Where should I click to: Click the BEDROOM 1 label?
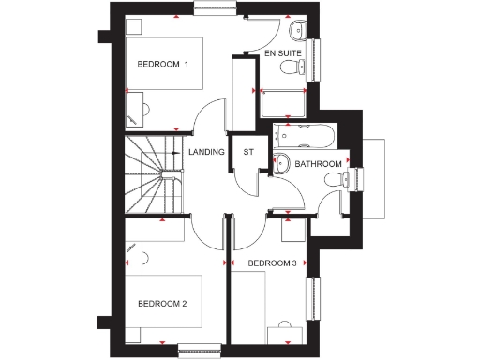tap(163, 64)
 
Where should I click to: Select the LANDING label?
tap(206, 151)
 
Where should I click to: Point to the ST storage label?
tap(248, 151)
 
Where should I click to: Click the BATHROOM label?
tap(318, 164)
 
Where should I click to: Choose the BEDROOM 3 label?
tap(272, 263)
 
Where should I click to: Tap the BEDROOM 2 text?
tap(162, 304)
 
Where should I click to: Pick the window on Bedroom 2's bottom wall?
tap(198, 351)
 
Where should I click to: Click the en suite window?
tap(317, 61)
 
